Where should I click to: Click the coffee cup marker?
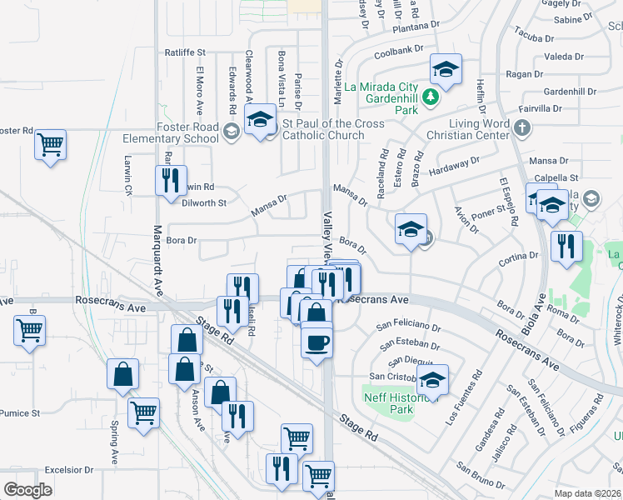click(x=316, y=342)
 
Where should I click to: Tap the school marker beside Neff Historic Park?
click(x=432, y=381)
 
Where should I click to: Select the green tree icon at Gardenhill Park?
click(x=430, y=98)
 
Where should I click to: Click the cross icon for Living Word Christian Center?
click(x=522, y=128)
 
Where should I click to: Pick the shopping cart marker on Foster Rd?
click(x=51, y=144)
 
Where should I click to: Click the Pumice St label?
click(x=20, y=412)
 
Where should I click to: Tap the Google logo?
click(x=27, y=490)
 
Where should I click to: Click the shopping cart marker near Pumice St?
click(x=143, y=412)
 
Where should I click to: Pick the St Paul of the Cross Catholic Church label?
click(x=333, y=130)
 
